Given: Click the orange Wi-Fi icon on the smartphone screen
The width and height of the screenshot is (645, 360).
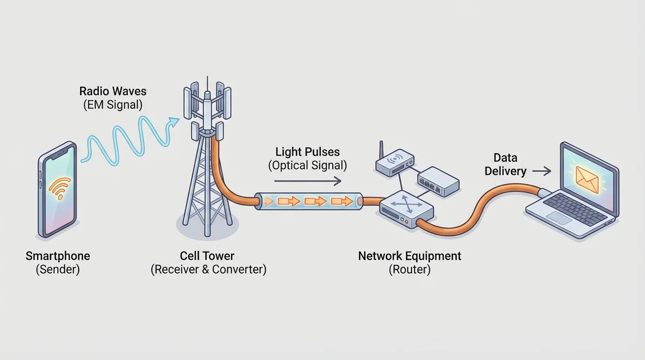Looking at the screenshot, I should pos(60,188).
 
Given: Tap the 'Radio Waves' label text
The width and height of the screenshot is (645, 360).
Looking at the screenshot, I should pos(112,91).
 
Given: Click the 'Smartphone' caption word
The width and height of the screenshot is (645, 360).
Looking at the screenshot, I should pos(58,256).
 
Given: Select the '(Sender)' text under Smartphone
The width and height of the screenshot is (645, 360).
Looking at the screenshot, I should pos(58,270).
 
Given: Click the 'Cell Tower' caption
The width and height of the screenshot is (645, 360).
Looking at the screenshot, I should pos(207,256).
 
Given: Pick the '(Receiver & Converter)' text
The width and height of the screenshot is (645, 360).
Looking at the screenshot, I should pos(208,270).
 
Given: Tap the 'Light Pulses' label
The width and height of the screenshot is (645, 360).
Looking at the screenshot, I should pos(307,152).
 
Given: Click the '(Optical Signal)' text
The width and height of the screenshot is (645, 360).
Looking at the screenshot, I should pos(307,165).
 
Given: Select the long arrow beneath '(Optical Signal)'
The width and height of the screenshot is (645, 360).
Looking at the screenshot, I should pos(307,181).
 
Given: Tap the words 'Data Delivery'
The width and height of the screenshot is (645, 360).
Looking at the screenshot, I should pos(505,165).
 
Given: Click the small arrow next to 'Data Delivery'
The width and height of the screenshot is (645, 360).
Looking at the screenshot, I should pos(542,172).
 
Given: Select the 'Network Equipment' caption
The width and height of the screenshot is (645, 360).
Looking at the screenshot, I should pos(409,256).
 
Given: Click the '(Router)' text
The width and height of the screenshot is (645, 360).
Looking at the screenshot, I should pos(409,270).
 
